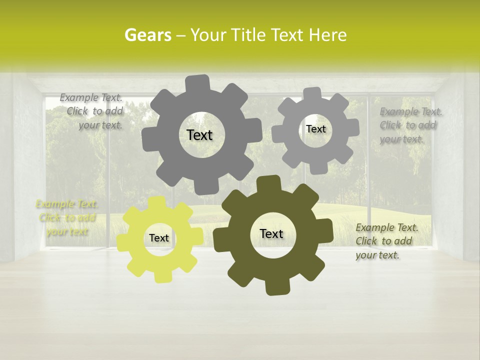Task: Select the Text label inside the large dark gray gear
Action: (x=199, y=135)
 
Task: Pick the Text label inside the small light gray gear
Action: (x=315, y=129)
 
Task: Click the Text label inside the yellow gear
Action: (x=158, y=238)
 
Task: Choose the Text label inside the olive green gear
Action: (x=271, y=234)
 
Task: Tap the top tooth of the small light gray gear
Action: (x=312, y=94)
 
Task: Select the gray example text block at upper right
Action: (x=410, y=125)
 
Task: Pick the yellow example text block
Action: (x=66, y=217)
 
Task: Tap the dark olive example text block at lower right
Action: (x=386, y=241)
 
